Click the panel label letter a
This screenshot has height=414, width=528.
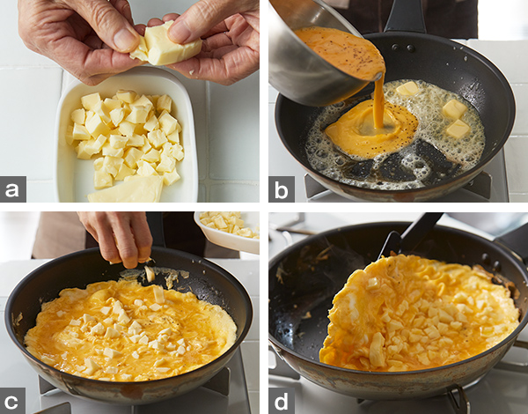point(12,189)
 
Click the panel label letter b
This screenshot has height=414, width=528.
point(282,189)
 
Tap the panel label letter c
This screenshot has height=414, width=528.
point(11,401)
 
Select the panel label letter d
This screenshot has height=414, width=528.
point(282,401)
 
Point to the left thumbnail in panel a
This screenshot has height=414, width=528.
point(122,39)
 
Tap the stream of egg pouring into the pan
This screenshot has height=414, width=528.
point(378,101)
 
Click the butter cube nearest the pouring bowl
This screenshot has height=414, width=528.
point(407,88)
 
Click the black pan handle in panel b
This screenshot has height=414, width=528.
point(405,16)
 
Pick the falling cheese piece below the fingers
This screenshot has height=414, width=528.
point(150,273)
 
